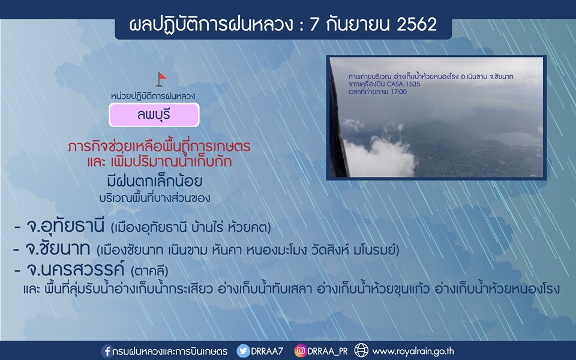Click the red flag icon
coord(161,79)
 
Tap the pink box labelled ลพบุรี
coord(154,115)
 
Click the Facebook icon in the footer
coord(107,351)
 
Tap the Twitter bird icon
coord(243,351)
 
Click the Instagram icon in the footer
coord(300,351)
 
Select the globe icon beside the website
coord(361,350)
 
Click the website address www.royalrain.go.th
coord(413,351)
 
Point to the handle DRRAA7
coord(267,351)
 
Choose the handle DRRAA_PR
coord(328,352)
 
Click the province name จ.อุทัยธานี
coord(65,226)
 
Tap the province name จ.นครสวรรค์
coord(76,269)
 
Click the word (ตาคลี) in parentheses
coord(149,271)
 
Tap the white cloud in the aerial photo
coord(379,156)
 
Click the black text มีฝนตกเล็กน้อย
coord(155,181)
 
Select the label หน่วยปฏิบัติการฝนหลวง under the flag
coord(153,96)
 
